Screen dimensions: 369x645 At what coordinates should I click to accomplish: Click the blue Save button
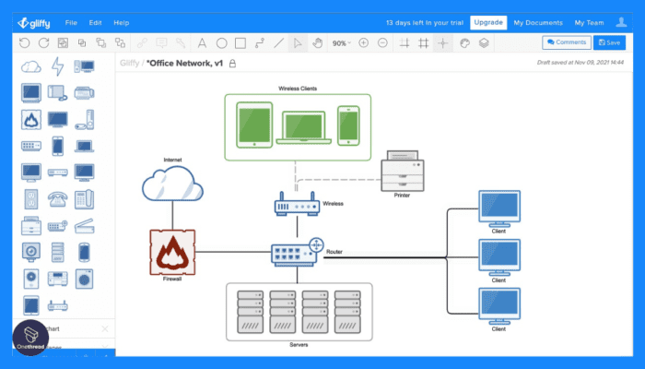coord(608,42)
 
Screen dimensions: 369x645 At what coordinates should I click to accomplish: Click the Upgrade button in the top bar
coord(487,21)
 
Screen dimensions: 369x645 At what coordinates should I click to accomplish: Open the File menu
coord(71,21)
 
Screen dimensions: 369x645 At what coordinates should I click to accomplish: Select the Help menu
coord(122,21)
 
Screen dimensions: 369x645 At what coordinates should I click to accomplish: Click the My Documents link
coord(537,21)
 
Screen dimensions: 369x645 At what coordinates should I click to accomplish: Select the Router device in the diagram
coord(297,251)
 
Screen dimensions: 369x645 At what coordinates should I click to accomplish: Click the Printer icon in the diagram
coord(402,171)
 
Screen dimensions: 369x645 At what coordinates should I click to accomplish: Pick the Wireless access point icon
coord(296,205)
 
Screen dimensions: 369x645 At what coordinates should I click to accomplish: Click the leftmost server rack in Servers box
coord(248,314)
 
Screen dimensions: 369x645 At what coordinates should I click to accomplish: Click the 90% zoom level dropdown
coord(342,42)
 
